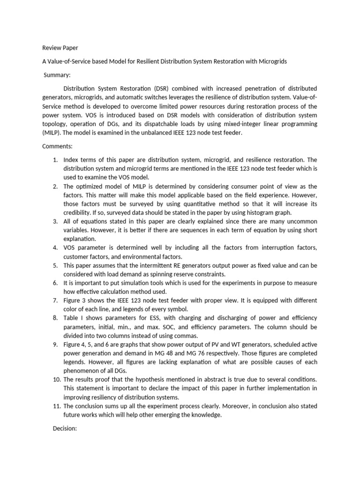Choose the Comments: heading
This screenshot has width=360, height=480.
(58, 146)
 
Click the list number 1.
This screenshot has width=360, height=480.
(55, 159)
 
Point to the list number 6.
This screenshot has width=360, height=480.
(55, 283)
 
